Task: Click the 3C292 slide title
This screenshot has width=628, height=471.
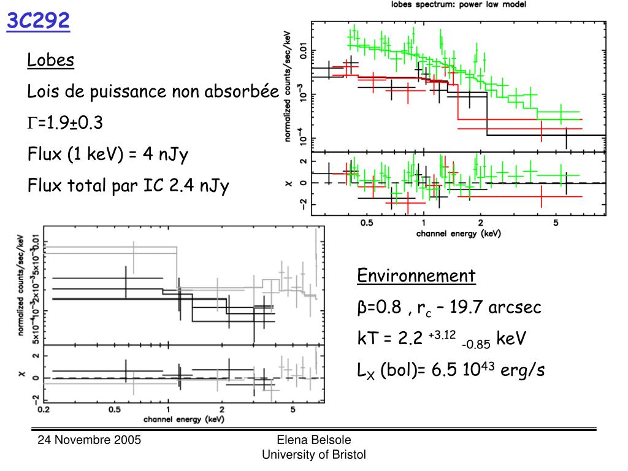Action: tap(38, 22)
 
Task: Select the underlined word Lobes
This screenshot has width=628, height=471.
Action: tap(51, 60)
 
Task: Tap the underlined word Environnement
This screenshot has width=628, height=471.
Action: tap(416, 275)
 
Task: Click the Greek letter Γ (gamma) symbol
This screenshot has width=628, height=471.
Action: tap(31, 124)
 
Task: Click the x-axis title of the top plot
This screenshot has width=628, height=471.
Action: tap(458, 234)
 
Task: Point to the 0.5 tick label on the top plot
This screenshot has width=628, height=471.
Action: tap(367, 223)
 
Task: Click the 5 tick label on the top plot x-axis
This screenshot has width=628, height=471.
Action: tap(556, 223)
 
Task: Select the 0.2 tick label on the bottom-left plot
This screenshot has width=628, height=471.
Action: tap(44, 409)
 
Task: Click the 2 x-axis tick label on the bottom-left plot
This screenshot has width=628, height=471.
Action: tap(221, 409)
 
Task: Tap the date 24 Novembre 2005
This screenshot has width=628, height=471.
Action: tap(90, 440)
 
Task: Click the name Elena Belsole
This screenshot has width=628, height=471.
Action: tap(313, 440)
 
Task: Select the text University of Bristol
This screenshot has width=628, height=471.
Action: tap(313, 454)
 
